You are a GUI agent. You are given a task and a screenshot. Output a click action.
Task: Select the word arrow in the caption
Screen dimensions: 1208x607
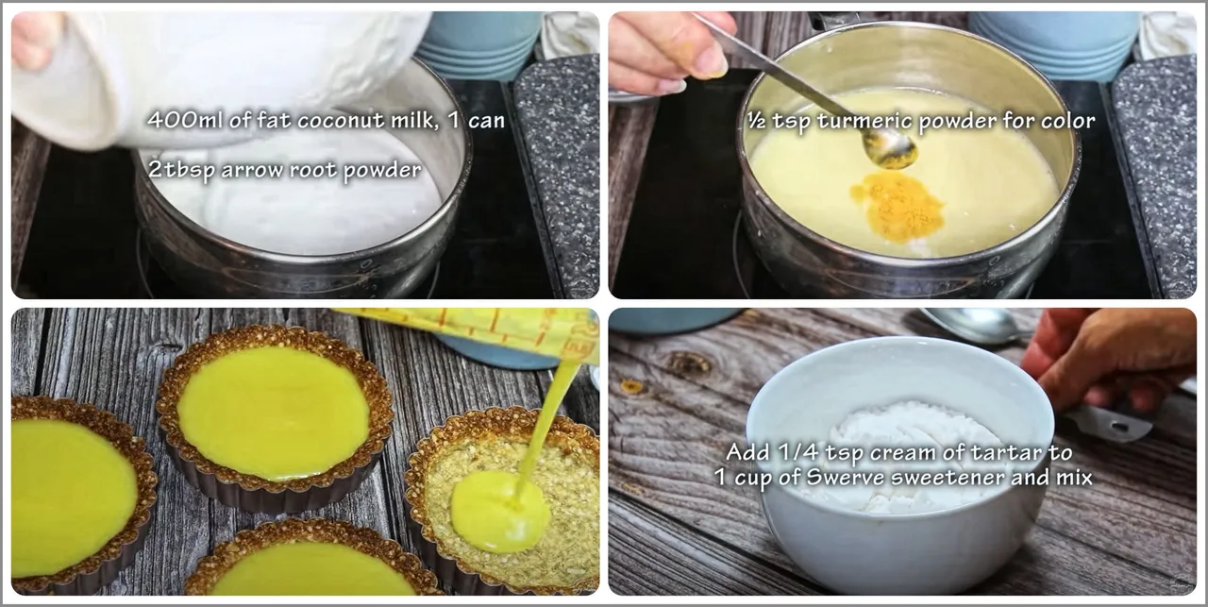(252, 171)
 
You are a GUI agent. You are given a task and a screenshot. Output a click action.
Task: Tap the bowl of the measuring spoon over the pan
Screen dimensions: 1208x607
(890, 148)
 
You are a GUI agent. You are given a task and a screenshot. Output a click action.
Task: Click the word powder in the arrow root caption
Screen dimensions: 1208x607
(382, 172)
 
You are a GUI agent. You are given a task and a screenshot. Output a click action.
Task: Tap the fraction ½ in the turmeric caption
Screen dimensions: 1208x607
(756, 120)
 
